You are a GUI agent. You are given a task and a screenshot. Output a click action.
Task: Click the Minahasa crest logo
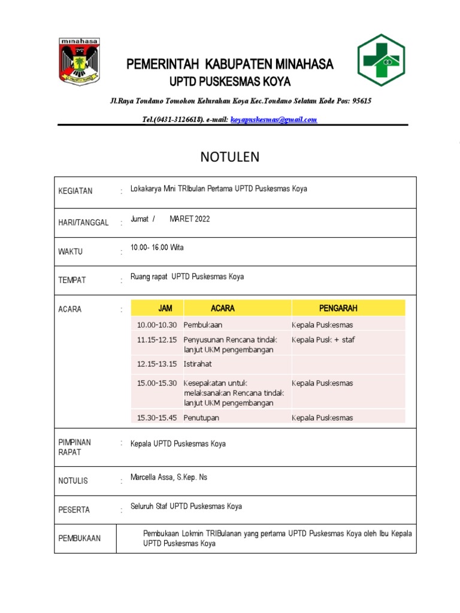[79, 61]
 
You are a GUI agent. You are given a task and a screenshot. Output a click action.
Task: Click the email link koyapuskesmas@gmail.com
[273, 120]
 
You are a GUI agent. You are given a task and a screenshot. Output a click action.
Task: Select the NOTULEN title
[229, 157]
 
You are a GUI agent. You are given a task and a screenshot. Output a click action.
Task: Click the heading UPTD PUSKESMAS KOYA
[230, 82]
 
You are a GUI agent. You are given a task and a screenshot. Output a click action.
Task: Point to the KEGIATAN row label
[75, 192]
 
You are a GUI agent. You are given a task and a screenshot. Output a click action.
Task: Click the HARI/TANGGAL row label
[83, 223]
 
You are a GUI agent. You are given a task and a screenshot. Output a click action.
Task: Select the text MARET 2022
[190, 219]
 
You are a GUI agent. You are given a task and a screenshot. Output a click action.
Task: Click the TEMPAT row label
[72, 280]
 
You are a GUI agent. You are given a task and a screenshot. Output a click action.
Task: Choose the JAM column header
[165, 308]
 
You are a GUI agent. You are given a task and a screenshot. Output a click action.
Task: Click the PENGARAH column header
[338, 308]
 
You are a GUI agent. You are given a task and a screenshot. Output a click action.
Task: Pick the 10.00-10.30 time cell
[157, 325]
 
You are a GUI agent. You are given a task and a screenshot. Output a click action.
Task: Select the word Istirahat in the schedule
[198, 364]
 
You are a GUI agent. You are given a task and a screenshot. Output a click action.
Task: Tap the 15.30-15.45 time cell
[157, 418]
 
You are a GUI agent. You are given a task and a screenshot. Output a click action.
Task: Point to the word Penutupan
[201, 418]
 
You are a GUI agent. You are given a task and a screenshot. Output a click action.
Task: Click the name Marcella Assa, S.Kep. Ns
[169, 477]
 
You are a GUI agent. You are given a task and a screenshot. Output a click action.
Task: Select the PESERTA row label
[74, 510]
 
